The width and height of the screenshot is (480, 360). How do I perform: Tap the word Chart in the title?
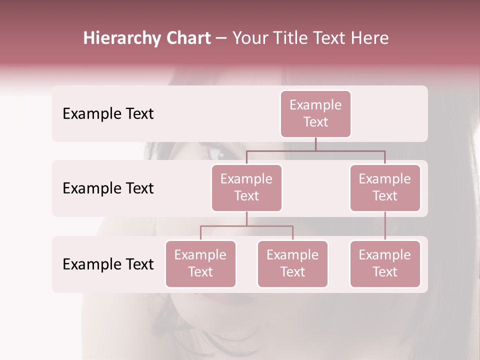188,38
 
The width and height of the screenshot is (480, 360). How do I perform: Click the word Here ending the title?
369,38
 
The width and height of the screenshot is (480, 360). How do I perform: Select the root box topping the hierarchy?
315,113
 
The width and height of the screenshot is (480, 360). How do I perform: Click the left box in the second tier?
246,187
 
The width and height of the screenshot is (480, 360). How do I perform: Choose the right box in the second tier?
385,187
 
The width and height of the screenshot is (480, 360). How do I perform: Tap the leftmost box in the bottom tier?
200,263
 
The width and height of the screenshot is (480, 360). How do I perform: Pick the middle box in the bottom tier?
292,263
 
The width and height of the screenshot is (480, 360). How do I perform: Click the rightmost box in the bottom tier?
385,263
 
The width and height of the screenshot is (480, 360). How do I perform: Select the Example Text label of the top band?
108,114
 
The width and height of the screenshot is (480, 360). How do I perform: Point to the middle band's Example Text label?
108,188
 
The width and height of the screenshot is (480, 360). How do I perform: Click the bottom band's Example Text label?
108,264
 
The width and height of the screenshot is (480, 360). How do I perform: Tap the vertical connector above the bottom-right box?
385,226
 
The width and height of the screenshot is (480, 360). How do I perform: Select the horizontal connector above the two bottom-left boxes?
246,226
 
